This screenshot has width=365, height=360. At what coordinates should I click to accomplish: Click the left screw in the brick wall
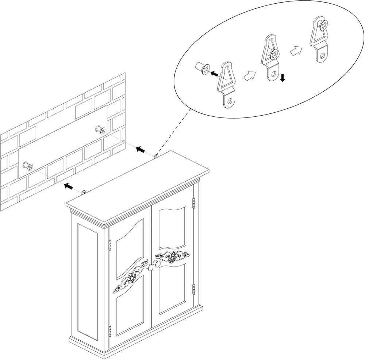click(28, 167)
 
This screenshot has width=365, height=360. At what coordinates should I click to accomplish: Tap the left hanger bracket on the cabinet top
click(84, 192)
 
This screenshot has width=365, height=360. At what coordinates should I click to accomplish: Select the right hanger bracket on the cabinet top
click(156, 156)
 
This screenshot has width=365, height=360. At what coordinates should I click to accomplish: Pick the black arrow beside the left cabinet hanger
click(68, 186)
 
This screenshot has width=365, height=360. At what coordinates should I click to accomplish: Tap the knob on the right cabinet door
click(157, 264)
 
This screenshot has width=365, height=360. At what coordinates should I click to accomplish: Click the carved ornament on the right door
click(173, 256)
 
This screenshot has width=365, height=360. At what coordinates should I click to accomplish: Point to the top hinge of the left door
click(109, 245)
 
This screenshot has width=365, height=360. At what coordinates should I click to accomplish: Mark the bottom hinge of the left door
click(109, 332)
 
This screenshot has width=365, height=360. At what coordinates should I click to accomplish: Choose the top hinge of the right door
click(193, 202)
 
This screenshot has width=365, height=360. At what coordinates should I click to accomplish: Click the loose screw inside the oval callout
click(203, 68)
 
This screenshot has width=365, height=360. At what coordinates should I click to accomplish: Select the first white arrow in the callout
click(249, 76)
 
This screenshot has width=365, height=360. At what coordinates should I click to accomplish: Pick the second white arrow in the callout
click(296, 51)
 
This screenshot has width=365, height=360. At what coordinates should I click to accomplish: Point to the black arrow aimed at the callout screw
click(215, 73)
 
